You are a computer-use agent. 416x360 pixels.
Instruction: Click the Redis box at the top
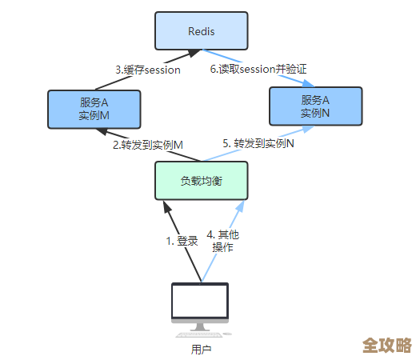201,31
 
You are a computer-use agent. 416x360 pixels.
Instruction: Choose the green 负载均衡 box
201,181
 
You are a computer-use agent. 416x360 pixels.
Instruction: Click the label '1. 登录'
182,240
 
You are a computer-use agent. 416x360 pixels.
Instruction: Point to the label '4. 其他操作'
222,241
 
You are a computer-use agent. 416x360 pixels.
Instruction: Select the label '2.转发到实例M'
147,145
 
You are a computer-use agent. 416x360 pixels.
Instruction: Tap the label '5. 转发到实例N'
258,143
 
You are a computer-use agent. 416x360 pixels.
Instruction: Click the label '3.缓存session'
147,70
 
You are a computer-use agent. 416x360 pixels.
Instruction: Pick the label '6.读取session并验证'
258,70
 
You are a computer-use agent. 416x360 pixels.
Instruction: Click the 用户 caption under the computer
201,349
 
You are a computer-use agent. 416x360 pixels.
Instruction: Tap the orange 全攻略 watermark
386,345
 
